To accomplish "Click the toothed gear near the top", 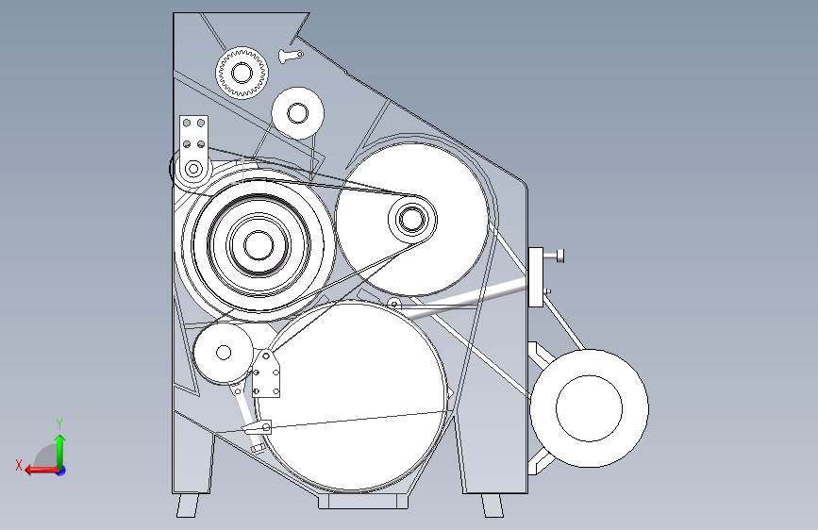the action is tap(242, 73).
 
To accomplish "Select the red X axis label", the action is tap(19, 465).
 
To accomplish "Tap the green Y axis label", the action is tap(59, 424).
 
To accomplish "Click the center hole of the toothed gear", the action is tap(242, 73).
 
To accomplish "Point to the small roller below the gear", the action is tap(297, 113).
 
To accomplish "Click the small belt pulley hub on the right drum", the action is tap(412, 219).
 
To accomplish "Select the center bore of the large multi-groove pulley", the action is tap(259, 245).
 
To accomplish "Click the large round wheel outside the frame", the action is tap(589, 408).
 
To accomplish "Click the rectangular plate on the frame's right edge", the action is tap(536, 277).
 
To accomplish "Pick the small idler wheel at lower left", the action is tap(224, 353).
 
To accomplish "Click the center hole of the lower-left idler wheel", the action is tap(224, 353).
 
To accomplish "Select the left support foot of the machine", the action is tap(188, 505).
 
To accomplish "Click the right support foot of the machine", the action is tap(492, 505).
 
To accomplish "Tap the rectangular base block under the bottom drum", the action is tap(363, 501).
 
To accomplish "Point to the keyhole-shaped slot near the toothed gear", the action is tap(291, 56).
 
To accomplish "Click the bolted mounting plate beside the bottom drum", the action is tap(266, 373).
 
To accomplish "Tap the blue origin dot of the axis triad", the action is tap(61, 471).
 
